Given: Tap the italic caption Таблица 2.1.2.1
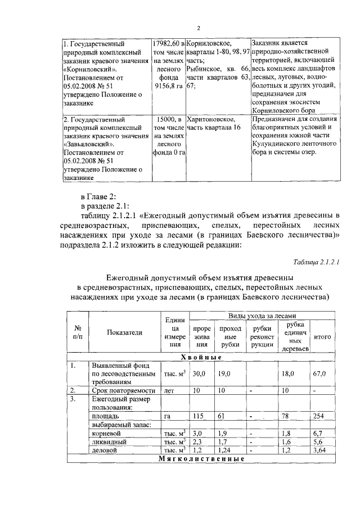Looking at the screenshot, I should coord(317,263).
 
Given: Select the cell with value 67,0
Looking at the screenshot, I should coord(321,373).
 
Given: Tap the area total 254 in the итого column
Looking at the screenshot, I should coord(319,416).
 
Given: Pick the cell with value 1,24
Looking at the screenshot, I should coord(225,451).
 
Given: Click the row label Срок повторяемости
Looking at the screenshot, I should coord(123,390).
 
